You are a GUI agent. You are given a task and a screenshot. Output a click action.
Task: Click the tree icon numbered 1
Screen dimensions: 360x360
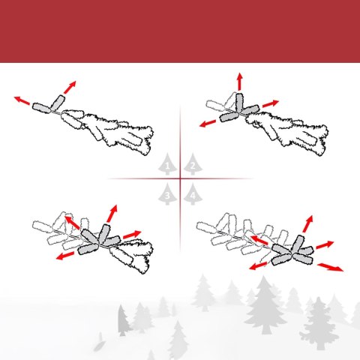click(167, 164)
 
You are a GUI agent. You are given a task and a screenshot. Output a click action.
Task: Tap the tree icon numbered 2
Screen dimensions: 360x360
click(193, 164)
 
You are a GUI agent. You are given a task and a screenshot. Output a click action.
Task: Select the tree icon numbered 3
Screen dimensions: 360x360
click(167, 194)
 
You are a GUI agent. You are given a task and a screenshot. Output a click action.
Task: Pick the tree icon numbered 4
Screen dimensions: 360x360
click(193, 194)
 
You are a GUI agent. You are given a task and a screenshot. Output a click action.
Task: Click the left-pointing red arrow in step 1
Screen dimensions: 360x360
click(22, 100)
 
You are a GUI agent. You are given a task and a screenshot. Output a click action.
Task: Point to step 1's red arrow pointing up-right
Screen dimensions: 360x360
click(70, 87)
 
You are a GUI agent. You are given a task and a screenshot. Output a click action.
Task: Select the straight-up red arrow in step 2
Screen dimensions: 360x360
click(240, 82)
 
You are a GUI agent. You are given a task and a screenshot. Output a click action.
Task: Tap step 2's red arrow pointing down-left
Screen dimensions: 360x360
click(208, 123)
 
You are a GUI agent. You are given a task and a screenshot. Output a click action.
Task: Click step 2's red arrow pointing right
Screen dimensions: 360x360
click(271, 103)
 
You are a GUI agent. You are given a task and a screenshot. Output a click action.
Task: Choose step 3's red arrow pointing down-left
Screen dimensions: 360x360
click(65, 256)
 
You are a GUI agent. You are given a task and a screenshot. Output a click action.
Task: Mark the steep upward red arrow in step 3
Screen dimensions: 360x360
click(112, 214)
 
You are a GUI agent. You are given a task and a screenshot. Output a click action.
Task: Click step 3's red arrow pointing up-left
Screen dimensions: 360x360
click(73, 222)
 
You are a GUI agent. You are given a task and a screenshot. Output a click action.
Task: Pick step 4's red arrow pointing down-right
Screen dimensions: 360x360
click(331, 267)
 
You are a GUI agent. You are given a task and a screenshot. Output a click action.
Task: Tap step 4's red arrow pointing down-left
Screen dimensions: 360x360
click(259, 266)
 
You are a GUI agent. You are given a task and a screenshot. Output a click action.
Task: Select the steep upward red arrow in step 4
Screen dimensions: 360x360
click(307, 223)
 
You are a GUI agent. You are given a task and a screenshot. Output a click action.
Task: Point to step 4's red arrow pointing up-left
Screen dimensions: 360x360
click(259, 240)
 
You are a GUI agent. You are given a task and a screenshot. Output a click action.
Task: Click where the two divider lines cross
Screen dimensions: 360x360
click(180, 178)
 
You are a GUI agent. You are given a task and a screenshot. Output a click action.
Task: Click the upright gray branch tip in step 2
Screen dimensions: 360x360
click(239, 102)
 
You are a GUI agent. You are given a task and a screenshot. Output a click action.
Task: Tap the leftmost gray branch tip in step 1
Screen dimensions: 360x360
click(41, 108)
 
